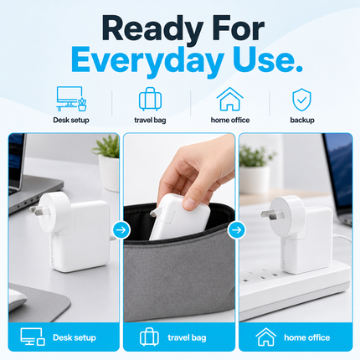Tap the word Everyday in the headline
point(147,60)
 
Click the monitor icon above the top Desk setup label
point(71,99)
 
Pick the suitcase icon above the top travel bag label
point(150,99)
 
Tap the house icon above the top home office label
point(229,99)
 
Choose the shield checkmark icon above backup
point(301,100)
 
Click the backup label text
point(302,120)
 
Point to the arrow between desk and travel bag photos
point(121,230)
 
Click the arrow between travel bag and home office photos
point(237,230)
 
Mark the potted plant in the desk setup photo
point(107,162)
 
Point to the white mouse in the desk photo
point(16,300)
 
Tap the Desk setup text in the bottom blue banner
point(75,337)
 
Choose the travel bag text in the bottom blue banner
point(187,337)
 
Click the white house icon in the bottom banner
point(265,337)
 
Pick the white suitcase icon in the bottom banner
point(149,337)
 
